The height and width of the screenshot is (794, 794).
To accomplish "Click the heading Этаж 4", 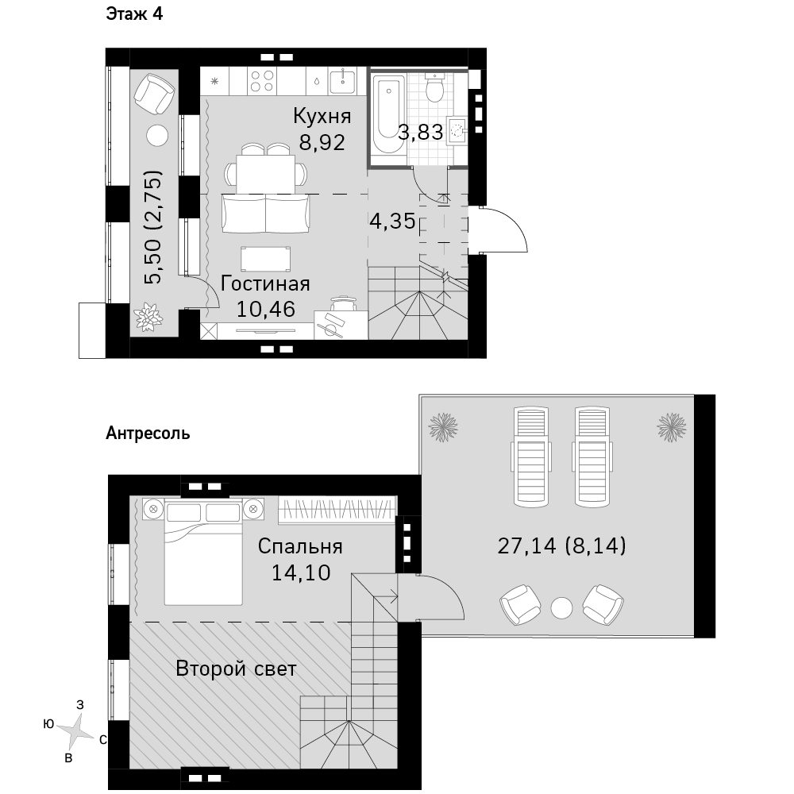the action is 134,13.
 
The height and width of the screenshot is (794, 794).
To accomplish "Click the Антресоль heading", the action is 148,434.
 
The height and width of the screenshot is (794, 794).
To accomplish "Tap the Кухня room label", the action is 322,117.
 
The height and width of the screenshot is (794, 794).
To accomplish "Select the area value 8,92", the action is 322,142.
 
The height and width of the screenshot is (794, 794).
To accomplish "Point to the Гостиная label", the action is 265,283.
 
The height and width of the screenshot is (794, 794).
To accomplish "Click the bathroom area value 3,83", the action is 421,132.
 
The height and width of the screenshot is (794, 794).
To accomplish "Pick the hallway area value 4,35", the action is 392,222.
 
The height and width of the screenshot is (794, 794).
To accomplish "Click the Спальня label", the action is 300,546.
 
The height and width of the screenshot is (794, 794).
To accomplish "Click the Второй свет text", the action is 236,669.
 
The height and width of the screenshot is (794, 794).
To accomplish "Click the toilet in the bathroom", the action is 435,88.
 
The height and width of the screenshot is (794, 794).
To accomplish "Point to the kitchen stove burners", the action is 262,81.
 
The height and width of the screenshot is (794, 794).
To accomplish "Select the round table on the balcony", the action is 157,136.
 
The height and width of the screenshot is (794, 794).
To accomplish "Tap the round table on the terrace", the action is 561,607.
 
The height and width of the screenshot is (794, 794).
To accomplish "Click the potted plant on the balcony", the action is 148,317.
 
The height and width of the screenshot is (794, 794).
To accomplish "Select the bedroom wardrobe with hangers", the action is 337,510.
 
